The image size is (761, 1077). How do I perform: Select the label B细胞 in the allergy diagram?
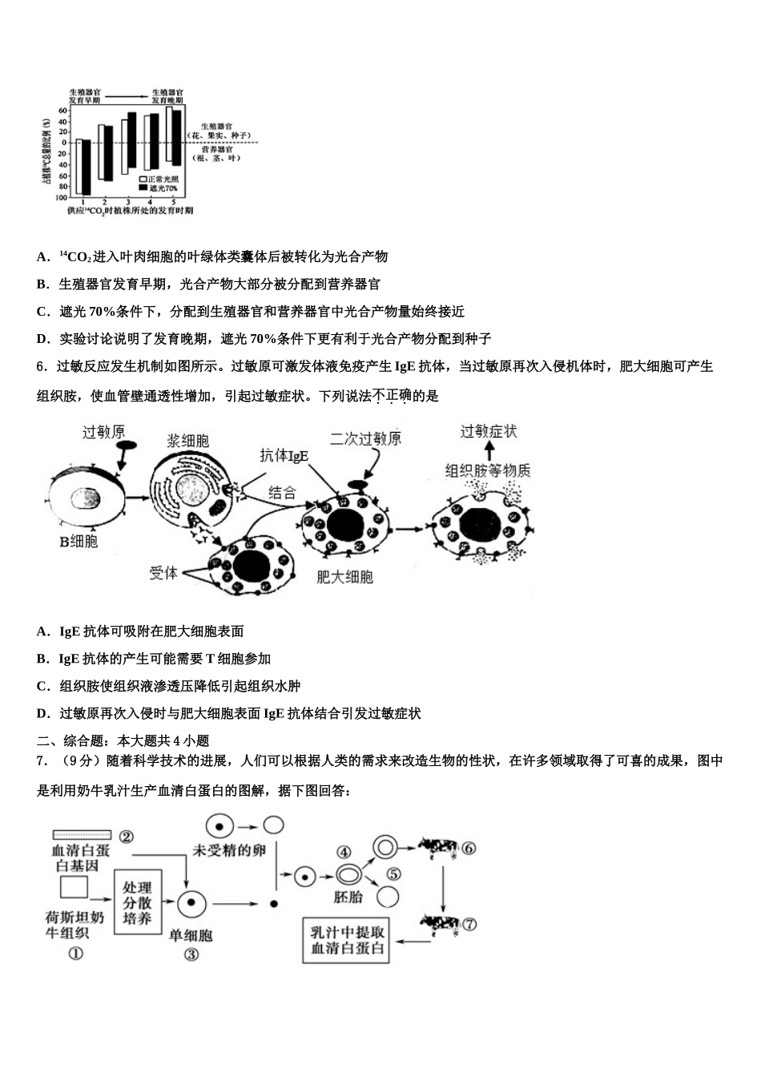point(79,543)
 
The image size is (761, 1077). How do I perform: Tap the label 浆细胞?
point(188,441)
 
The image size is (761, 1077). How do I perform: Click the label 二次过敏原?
point(366,438)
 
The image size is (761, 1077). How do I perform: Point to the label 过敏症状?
point(489,432)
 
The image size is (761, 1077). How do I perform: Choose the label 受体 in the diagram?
point(163,573)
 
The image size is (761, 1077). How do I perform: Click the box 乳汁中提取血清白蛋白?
point(347,942)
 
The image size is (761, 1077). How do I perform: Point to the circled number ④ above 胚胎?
point(344,853)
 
